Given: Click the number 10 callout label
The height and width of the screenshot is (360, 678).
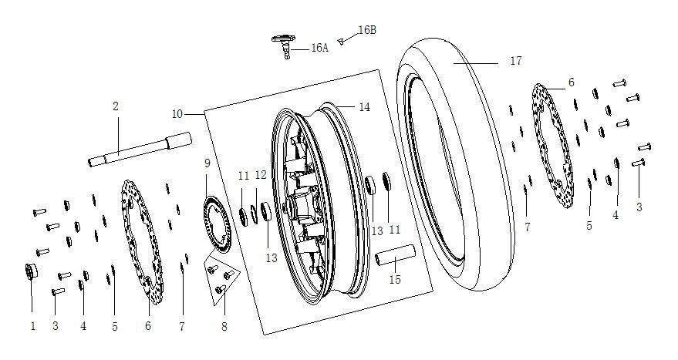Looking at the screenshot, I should point(177,114).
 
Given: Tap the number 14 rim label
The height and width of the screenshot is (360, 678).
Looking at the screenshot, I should point(364,107).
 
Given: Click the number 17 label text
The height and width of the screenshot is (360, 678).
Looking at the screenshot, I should point(516,61).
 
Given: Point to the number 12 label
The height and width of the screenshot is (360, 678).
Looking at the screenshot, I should point(261,176).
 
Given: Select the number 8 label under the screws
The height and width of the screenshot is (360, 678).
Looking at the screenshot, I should point(224,327).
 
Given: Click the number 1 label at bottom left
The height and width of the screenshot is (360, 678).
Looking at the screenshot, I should point(32,326).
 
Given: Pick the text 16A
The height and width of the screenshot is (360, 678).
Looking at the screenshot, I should point(319,48).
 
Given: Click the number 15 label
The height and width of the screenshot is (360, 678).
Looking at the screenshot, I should point(394,280).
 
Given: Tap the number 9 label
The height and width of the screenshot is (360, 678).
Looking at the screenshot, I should point(207,163).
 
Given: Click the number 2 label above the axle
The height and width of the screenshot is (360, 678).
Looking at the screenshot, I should point(116,106).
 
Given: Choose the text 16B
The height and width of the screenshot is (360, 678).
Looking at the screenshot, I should point(367,31).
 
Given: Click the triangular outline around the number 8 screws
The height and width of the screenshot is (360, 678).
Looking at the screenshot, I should point(207,266).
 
